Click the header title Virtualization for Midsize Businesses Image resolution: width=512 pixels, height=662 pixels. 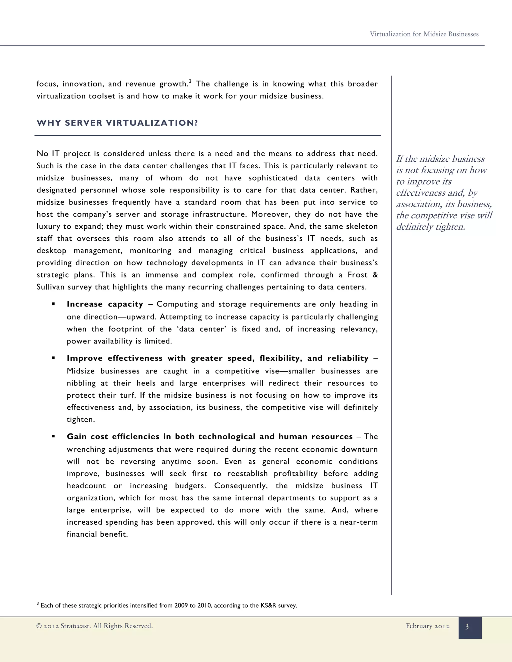pyautogui.click(x=424, y=34)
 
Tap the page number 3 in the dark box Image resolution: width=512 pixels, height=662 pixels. pyautogui.click(x=467, y=627)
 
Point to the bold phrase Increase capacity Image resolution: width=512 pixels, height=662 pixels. pyautogui.click(x=105, y=304)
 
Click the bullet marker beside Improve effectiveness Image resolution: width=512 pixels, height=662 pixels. pyautogui.click(x=53, y=358)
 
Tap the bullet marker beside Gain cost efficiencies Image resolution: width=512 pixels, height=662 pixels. pyautogui.click(x=53, y=436)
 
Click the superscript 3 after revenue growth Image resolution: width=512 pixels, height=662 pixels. pyautogui.click(x=190, y=81)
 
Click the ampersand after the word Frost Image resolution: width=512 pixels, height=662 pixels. pyautogui.click(x=375, y=275)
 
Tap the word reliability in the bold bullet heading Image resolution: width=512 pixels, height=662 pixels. pyautogui.click(x=348, y=358)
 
